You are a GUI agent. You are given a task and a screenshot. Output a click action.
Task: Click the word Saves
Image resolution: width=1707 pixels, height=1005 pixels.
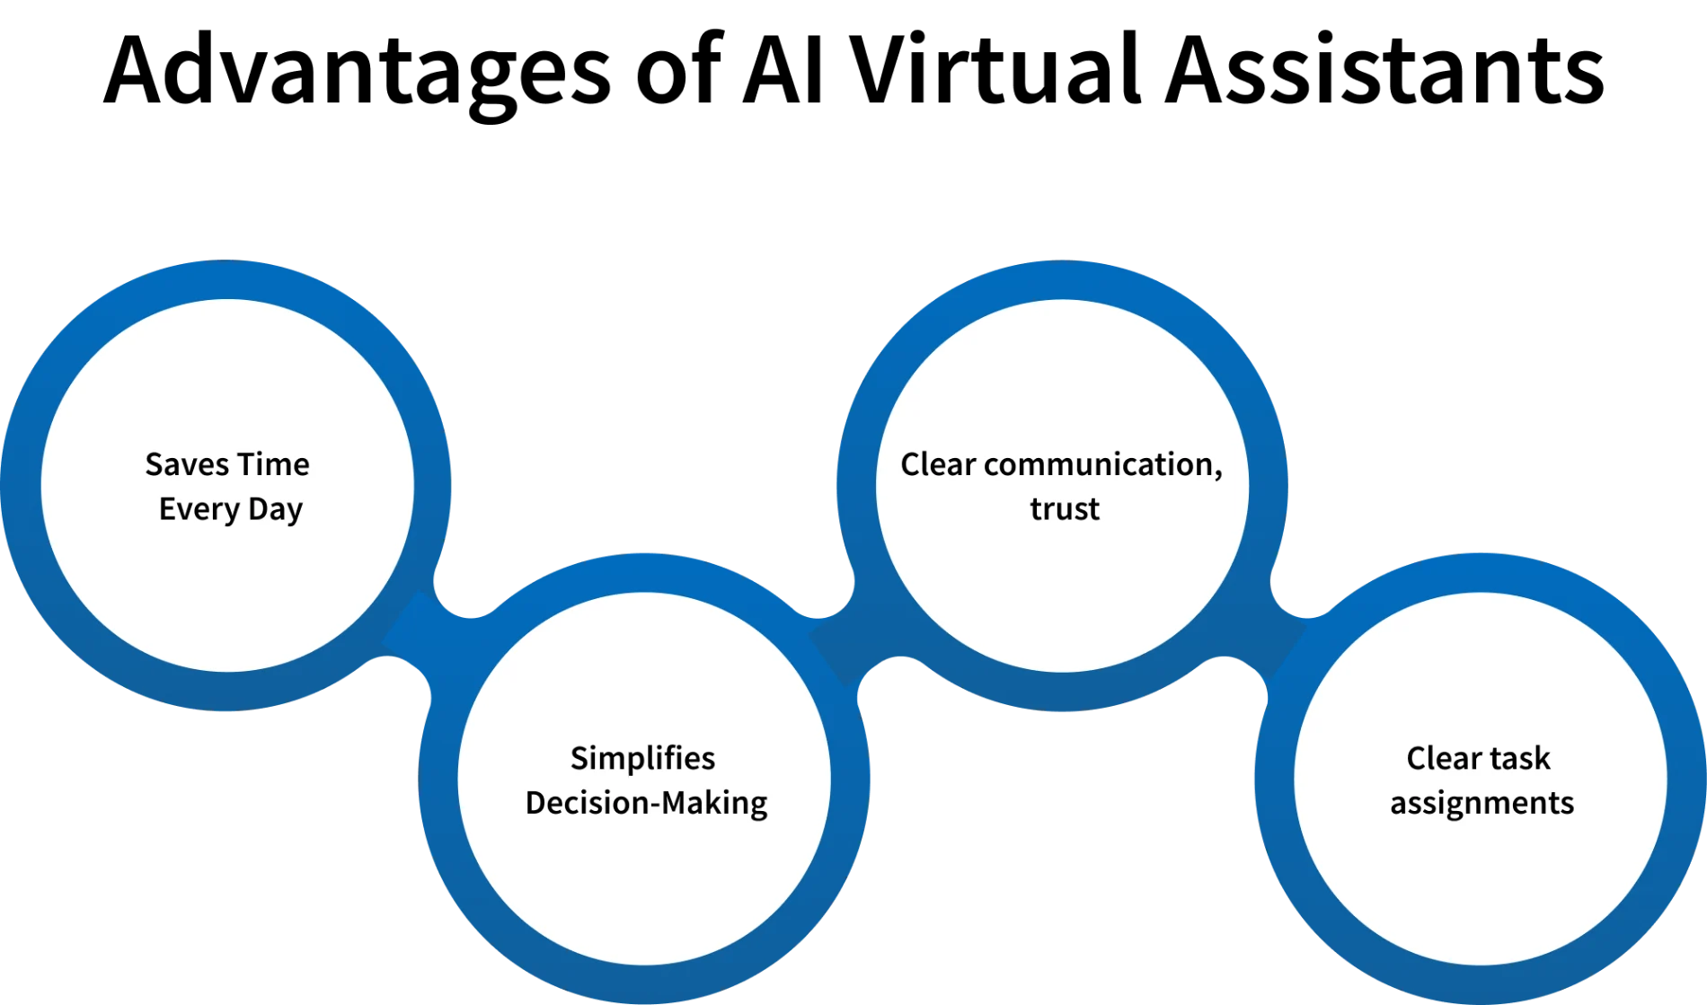click(x=187, y=465)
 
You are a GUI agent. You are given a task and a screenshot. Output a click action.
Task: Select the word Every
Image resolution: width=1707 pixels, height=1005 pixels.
click(x=199, y=509)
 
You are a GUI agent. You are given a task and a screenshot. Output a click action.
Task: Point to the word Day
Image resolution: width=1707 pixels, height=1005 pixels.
click(x=275, y=509)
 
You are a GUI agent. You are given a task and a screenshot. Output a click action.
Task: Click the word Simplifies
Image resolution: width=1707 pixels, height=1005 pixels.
click(x=642, y=759)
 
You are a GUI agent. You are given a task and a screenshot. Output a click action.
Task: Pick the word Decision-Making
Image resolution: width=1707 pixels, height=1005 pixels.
click(x=646, y=803)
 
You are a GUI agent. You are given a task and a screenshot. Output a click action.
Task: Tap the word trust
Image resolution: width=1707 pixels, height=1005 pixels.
click(x=1064, y=509)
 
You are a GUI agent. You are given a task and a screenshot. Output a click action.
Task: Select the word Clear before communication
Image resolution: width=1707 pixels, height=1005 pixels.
click(x=938, y=465)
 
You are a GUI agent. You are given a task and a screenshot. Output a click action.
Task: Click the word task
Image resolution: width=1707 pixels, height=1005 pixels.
click(x=1520, y=759)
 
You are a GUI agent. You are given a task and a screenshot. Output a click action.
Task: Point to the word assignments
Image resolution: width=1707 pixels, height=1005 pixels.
click(x=1481, y=803)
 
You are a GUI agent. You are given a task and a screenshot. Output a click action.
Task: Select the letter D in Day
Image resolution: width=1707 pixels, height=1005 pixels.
click(x=257, y=509)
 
